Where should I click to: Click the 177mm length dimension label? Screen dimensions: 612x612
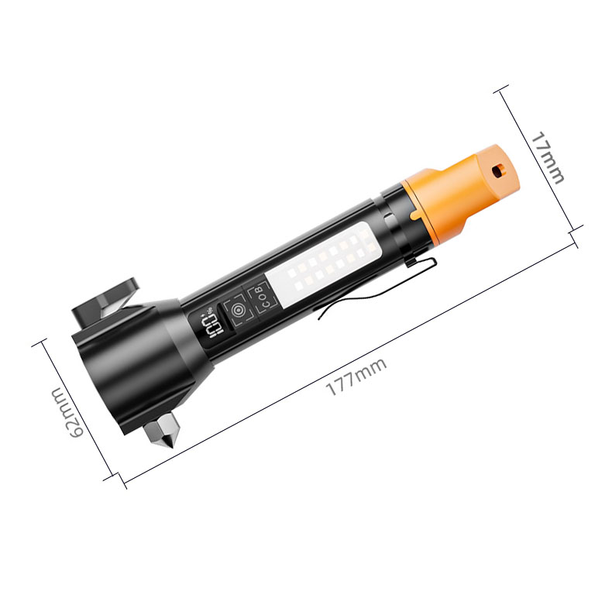[x=356, y=376]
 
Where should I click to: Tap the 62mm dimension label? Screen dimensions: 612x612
[x=67, y=413]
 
